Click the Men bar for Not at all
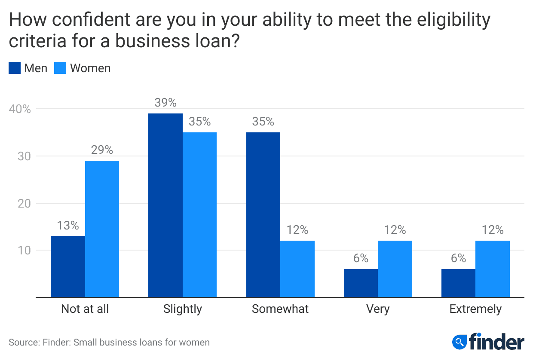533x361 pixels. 68,266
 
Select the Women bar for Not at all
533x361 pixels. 102,229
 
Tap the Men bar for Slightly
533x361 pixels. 165,205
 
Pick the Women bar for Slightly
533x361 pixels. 199,215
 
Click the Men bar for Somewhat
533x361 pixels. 263,215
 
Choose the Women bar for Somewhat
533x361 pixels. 297,269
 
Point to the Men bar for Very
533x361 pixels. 361,283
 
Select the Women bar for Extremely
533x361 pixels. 493,269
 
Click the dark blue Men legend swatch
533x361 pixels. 15,68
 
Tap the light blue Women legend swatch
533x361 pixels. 60,68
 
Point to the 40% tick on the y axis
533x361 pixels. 20,109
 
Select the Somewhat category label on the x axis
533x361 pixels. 280,309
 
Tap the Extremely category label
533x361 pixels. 475,309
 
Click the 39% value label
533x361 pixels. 165,103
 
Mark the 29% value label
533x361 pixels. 102,150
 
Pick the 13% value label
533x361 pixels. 68,225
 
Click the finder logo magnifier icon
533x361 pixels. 460,342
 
